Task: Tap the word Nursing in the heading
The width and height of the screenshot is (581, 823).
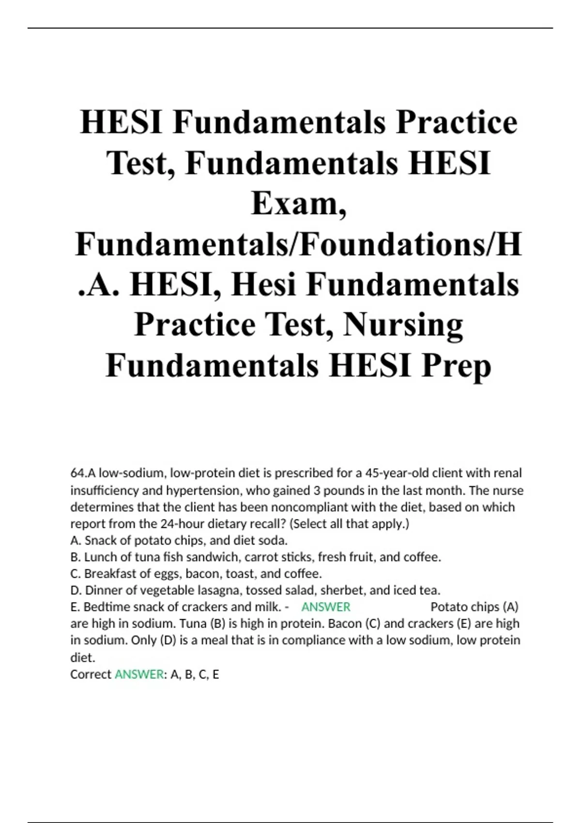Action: coord(403,325)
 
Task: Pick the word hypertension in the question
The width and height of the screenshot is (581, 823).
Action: coord(203,490)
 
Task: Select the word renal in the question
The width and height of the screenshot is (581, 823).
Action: coord(507,472)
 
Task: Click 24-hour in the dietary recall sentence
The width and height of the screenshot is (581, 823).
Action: coord(178,524)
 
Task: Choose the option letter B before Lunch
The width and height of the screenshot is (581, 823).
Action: coord(75,557)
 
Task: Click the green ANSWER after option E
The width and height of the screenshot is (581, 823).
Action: coord(325,607)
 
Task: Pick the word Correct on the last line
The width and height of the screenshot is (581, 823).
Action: coord(91,674)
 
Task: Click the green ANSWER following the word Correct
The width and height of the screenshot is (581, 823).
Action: coord(139,674)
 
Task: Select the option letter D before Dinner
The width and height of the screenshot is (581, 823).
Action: coord(75,590)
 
